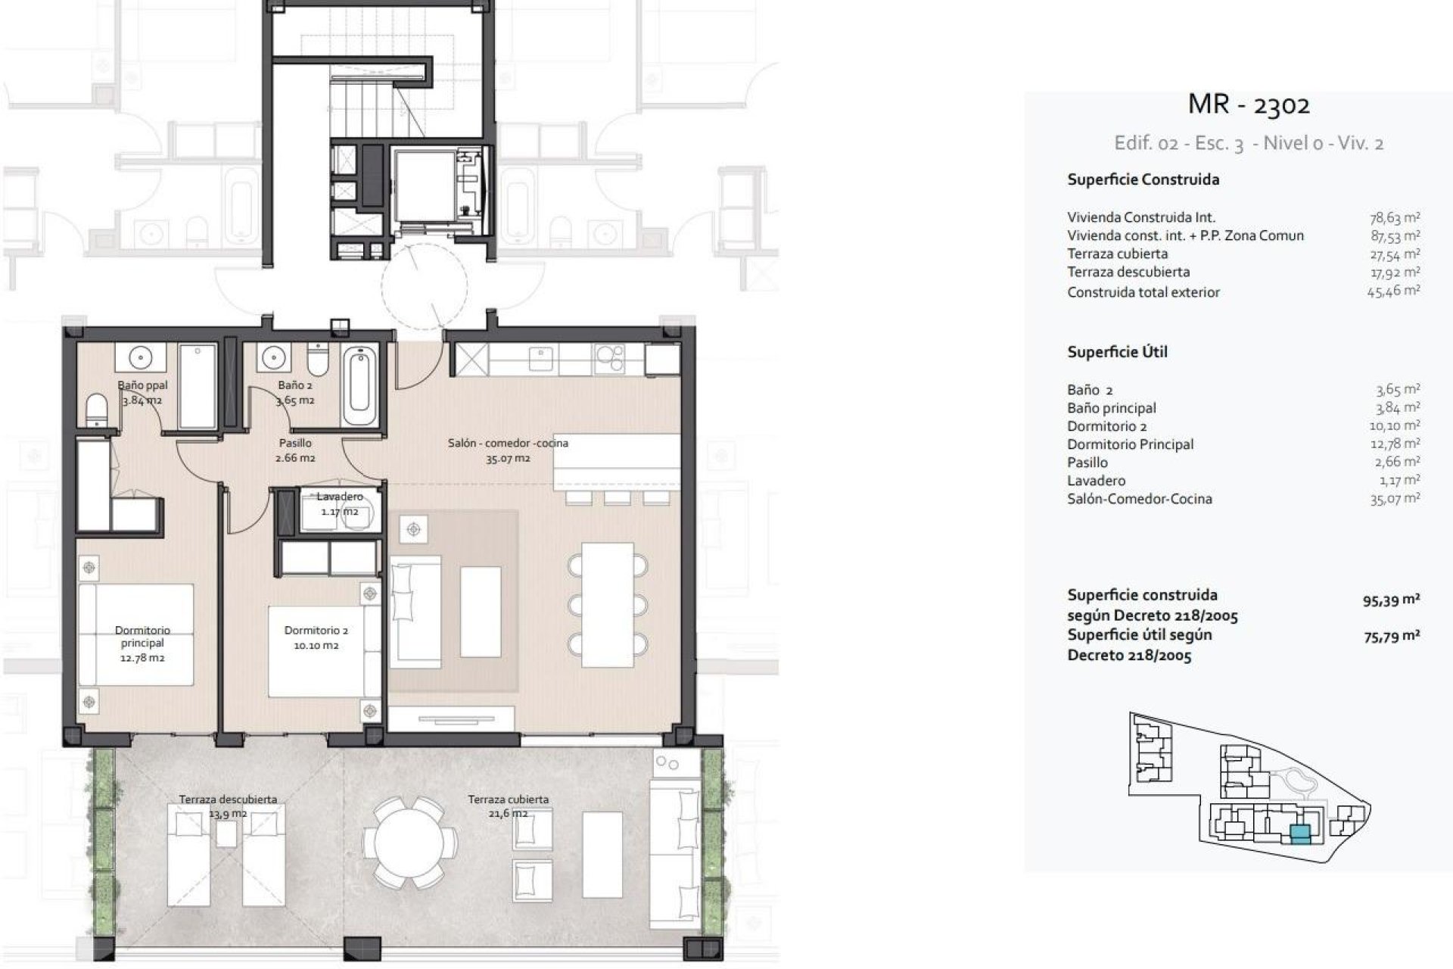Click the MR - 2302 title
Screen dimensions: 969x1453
(x=1249, y=104)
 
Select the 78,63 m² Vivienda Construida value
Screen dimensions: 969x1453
(x=1394, y=217)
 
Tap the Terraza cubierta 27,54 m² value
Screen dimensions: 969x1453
(x=1394, y=254)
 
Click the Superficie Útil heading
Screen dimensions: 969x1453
(x=1117, y=352)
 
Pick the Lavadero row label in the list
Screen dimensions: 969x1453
(x=1096, y=481)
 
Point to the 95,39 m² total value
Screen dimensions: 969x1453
(x=1391, y=601)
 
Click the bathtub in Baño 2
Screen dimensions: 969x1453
(x=358, y=386)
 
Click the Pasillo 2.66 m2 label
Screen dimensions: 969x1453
(x=296, y=450)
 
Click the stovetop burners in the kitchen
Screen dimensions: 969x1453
(x=609, y=355)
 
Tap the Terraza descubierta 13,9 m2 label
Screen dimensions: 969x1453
(x=228, y=806)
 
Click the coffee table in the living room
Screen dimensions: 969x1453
(x=481, y=612)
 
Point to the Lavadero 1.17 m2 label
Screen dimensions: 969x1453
(x=340, y=504)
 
